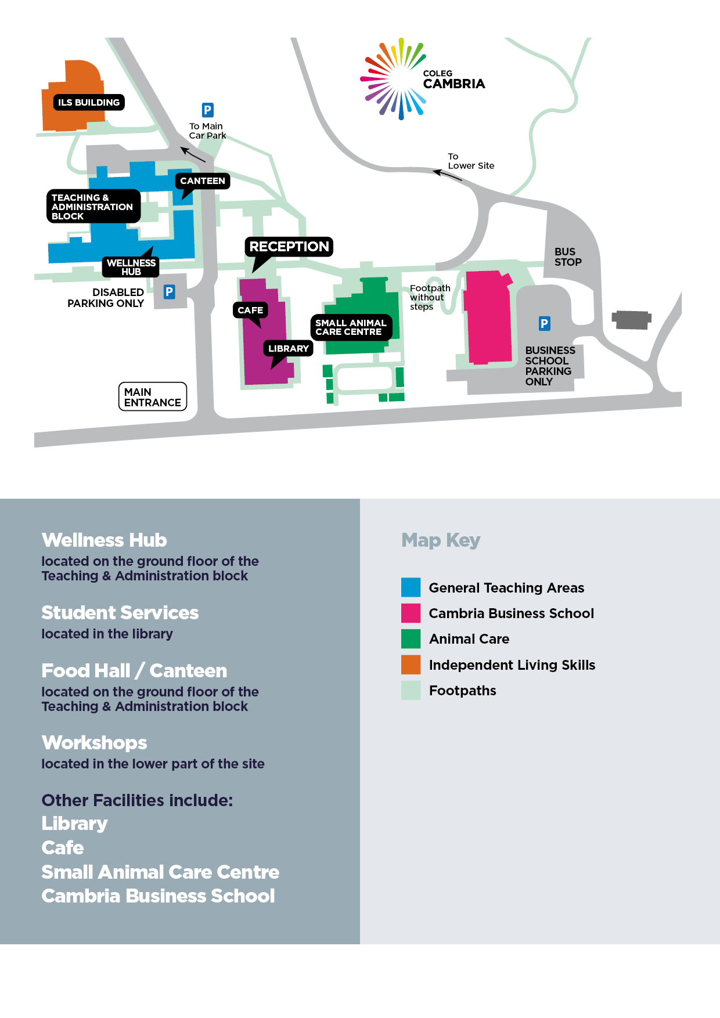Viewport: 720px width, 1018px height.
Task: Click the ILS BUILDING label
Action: pyautogui.click(x=89, y=103)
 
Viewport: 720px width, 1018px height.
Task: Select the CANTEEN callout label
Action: pyautogui.click(x=203, y=181)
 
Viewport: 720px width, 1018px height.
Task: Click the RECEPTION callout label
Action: pyautogui.click(x=289, y=247)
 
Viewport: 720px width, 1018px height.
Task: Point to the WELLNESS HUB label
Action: pyautogui.click(x=131, y=267)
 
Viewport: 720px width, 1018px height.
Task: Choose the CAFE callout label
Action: pyautogui.click(x=250, y=311)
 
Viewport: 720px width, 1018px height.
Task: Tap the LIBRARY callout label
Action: pyautogui.click(x=289, y=348)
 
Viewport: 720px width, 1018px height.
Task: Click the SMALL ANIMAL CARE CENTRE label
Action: pyautogui.click(x=351, y=327)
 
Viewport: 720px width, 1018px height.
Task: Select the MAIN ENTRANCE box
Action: pyautogui.click(x=153, y=397)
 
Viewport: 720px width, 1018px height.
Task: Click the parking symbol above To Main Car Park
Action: pyautogui.click(x=207, y=110)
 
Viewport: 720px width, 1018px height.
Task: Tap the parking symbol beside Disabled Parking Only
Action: pyautogui.click(x=169, y=292)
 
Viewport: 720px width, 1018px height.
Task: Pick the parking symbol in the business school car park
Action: pyautogui.click(x=544, y=323)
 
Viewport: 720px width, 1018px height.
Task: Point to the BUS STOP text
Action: pyautogui.click(x=567, y=257)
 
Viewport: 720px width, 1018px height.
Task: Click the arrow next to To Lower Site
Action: pyautogui.click(x=447, y=174)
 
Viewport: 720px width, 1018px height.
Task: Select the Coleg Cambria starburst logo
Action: pyautogui.click(x=395, y=79)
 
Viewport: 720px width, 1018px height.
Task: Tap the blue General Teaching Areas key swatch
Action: pyautogui.click(x=411, y=587)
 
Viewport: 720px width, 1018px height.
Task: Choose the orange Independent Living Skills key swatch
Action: pyautogui.click(x=411, y=665)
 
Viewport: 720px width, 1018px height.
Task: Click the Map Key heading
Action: pyautogui.click(x=441, y=540)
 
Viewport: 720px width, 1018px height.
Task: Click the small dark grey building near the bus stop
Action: pyautogui.click(x=631, y=320)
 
